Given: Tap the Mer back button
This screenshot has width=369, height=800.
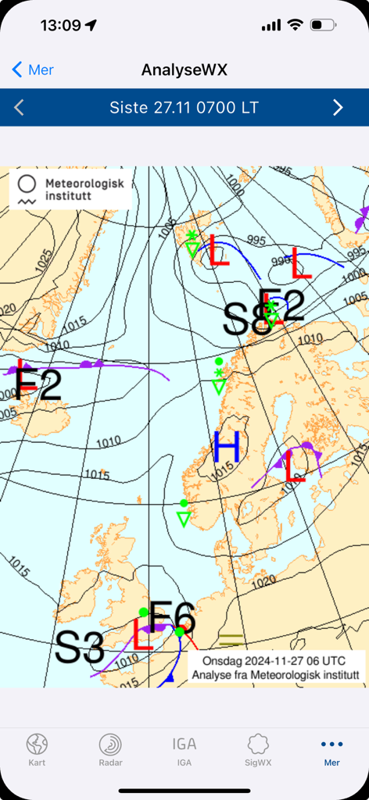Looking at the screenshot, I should (x=33, y=70).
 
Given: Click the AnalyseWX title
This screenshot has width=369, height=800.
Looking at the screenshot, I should (x=184, y=70).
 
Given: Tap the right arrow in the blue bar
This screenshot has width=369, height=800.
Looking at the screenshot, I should (x=338, y=108).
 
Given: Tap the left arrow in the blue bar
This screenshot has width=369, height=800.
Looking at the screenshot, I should (x=20, y=108).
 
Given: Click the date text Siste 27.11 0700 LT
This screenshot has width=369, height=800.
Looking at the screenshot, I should (x=184, y=108).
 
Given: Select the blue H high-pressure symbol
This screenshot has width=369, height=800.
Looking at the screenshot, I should (x=227, y=448).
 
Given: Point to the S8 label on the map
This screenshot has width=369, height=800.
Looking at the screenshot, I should (x=246, y=319).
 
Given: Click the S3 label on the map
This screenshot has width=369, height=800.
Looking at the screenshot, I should (x=80, y=648).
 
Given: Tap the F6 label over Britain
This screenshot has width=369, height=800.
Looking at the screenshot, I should (x=172, y=617).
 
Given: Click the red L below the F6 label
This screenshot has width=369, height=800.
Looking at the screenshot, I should (x=143, y=634).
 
